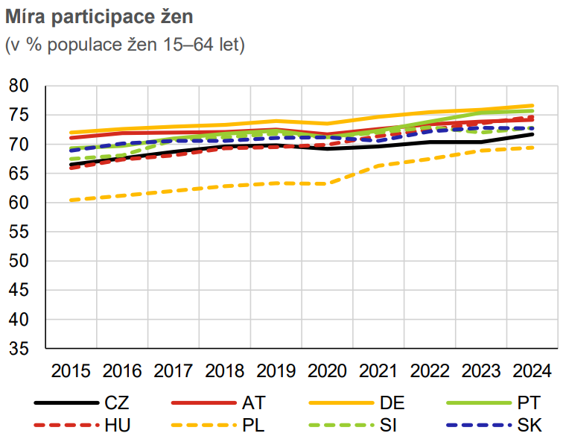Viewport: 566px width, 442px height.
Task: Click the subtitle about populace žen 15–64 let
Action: point(125,44)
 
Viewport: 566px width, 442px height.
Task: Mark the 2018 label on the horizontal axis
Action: point(224,370)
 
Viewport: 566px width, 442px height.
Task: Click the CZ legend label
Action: point(117,403)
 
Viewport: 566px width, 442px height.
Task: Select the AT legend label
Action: point(253,403)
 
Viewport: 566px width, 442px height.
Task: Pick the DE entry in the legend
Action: point(392,403)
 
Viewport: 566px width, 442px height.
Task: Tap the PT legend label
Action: point(528,403)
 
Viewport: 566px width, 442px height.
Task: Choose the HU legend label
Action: point(118,426)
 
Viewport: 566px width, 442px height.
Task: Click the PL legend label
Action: point(253,426)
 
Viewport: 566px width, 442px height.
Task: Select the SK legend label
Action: point(528,426)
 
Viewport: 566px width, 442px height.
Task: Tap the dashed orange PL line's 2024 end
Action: point(532,148)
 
